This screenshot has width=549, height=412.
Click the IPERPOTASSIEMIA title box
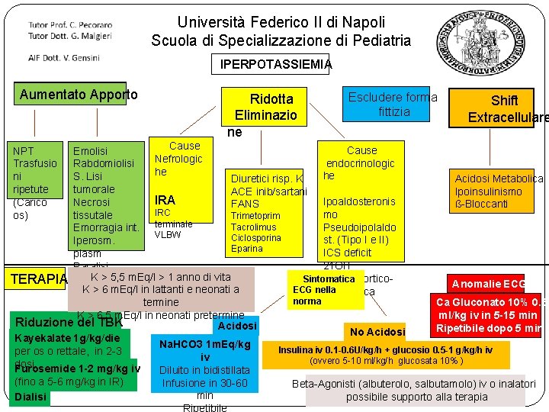[275, 65]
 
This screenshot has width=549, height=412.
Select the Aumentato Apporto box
[78, 95]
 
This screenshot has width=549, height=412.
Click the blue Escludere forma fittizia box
[393, 105]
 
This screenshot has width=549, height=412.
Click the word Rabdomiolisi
[104, 163]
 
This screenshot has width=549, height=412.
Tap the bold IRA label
[165, 200]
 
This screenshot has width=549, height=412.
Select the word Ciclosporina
[256, 238]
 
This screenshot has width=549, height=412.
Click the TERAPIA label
[38, 279]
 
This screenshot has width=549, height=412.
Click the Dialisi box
[30, 397]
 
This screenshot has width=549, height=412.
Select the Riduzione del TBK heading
[69, 321]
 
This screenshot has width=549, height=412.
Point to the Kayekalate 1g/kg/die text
[67, 338]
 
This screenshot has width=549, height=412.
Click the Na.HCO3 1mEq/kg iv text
[205, 350]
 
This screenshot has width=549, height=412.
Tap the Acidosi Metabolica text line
[499, 179]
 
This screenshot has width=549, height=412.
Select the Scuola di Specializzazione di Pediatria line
[281, 40]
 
